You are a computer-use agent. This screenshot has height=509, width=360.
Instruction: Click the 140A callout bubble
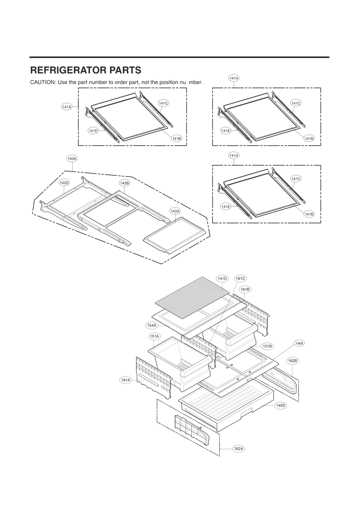pyautogui.click(x=72, y=158)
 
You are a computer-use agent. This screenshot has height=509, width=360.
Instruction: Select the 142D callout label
pyautogui.click(x=64, y=183)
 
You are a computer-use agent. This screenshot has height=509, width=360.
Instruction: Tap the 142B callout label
pyautogui.click(x=125, y=183)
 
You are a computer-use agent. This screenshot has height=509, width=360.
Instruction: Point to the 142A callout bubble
pyautogui.click(x=175, y=211)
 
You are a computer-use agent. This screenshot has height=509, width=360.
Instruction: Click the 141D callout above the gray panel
pyautogui.click(x=222, y=278)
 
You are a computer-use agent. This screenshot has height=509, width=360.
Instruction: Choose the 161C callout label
pyautogui.click(x=240, y=278)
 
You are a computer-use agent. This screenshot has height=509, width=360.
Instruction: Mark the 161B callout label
pyautogui.click(x=245, y=289)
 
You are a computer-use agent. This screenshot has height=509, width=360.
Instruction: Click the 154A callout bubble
pyautogui.click(x=151, y=325)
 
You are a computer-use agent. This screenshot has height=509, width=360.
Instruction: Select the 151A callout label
pyautogui.click(x=154, y=336)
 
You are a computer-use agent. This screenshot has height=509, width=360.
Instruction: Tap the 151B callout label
pyautogui.click(x=267, y=346)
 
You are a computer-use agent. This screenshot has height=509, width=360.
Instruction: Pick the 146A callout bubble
pyautogui.click(x=299, y=343)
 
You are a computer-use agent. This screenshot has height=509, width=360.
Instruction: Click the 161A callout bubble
pyautogui.click(x=125, y=380)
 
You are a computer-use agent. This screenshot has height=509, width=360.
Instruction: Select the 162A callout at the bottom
pyautogui.click(x=238, y=449)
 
